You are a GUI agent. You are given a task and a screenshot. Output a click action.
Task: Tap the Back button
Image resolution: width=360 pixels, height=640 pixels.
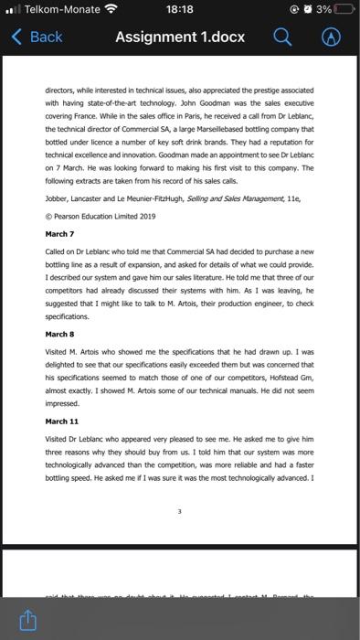pyautogui.click(x=37, y=37)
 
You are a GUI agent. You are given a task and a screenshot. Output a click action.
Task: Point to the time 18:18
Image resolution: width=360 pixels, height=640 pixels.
pyautogui.click(x=180, y=10)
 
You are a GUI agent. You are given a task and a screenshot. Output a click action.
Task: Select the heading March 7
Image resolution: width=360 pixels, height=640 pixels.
pyautogui.click(x=58, y=233)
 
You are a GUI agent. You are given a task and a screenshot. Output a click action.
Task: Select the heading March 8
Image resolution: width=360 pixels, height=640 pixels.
pyautogui.click(x=58, y=334)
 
